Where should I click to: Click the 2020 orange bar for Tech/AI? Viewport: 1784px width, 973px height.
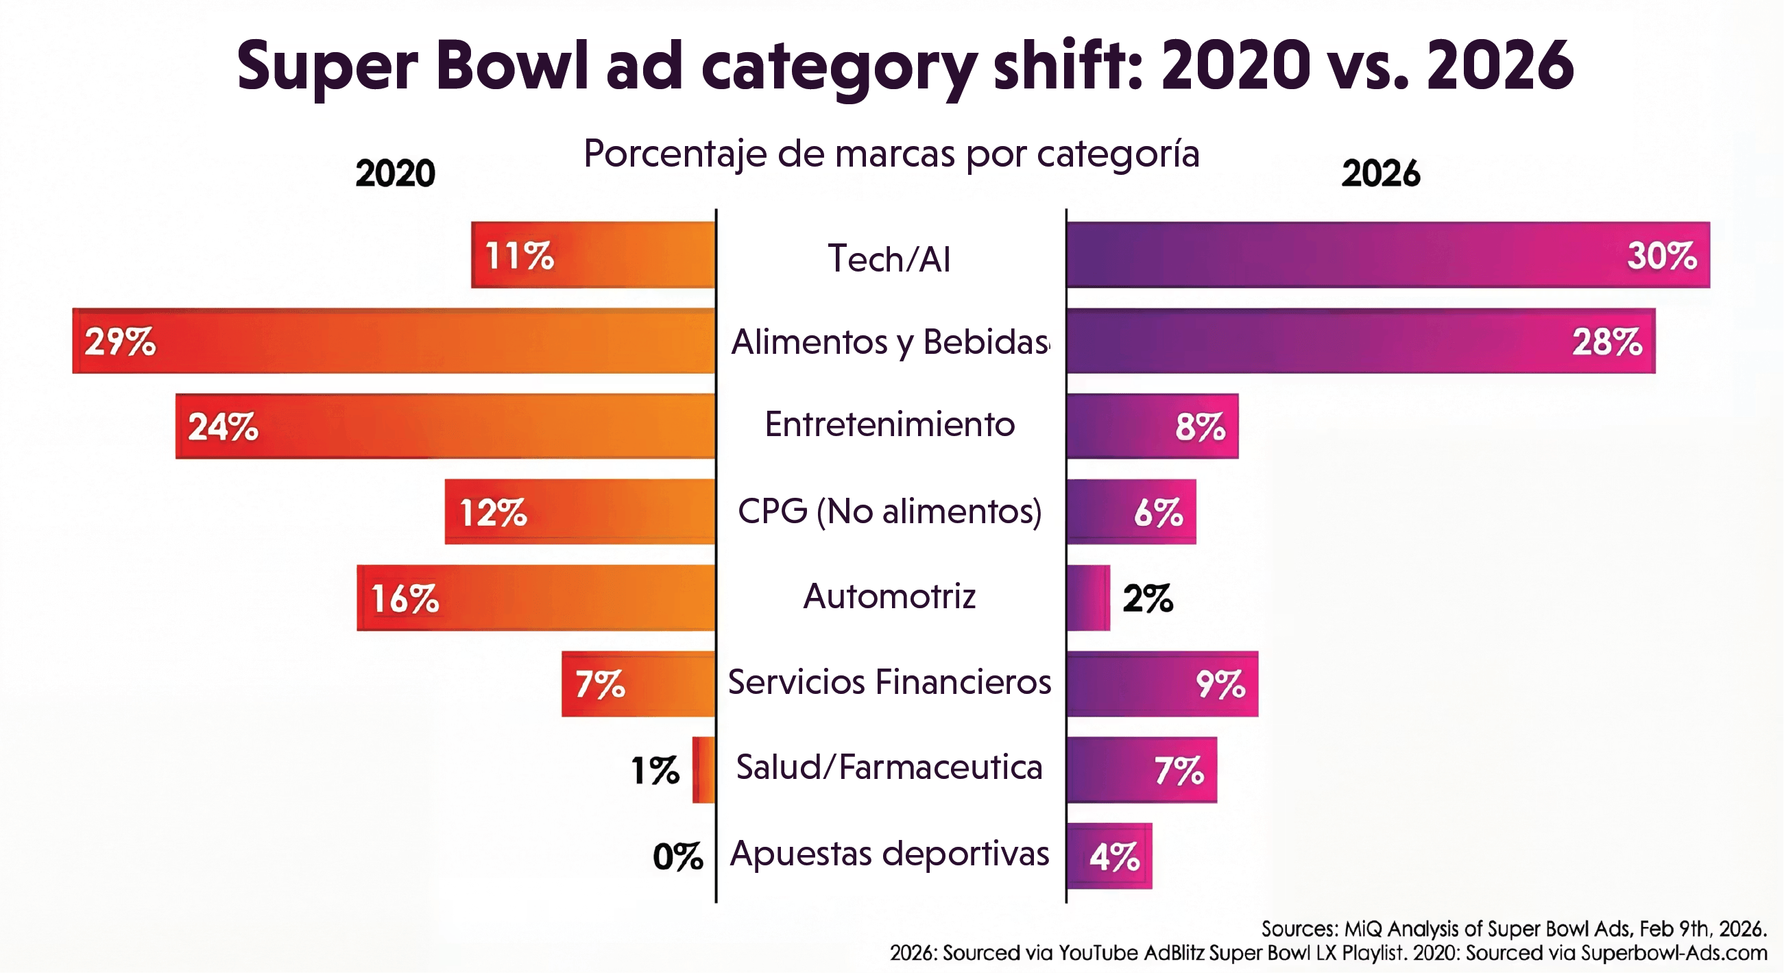623,255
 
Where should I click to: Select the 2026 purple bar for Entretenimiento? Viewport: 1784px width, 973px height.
1122,426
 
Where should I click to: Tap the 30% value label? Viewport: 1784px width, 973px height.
1661,256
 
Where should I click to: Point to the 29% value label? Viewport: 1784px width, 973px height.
121,341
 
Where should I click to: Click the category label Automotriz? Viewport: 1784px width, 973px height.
889,597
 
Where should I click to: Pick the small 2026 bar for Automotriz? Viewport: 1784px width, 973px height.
1088,598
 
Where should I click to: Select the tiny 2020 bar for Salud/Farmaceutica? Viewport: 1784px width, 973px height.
703,770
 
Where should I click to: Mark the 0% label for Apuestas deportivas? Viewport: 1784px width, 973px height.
677,856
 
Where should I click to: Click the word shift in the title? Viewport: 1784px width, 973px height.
1068,66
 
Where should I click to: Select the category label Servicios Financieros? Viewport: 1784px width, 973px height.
889,682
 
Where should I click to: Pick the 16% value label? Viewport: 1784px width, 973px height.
405,599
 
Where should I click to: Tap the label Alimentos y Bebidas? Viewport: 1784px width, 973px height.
889,342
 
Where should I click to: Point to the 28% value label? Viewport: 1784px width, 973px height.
1606,342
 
